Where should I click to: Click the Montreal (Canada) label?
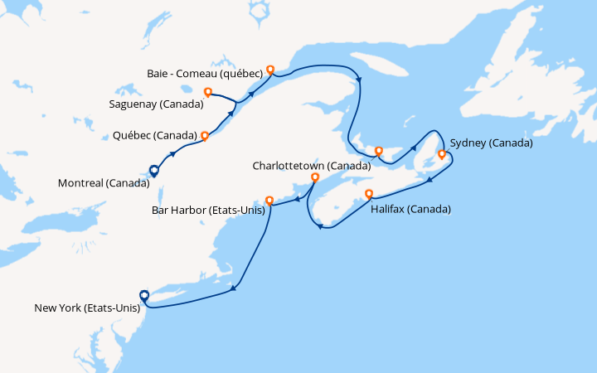104,182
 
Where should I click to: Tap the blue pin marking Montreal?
153,171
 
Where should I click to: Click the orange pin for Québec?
205,135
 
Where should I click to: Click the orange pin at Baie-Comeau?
269,70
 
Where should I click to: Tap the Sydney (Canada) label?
491,143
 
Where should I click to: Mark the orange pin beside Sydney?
441,154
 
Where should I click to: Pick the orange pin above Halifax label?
369,194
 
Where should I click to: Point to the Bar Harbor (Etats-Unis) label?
208,210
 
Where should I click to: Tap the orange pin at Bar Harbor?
269,200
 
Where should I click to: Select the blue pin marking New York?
144,295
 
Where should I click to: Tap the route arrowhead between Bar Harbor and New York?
235,289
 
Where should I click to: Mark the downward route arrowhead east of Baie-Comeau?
359,80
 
